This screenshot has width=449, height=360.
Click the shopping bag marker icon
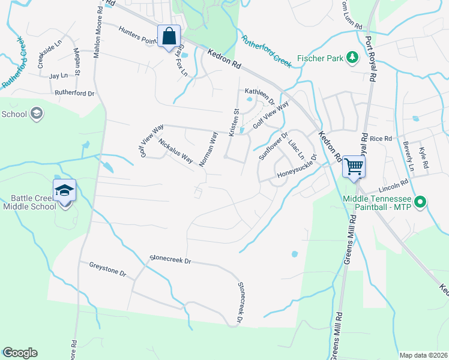(x=169, y=36)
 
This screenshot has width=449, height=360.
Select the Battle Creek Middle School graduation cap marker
(x=64, y=191)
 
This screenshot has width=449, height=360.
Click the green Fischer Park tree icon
(x=352, y=58)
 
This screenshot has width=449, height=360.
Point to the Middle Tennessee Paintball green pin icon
(x=421, y=203)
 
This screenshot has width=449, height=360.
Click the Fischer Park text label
(x=319, y=59)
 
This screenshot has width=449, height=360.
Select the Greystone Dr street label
(x=107, y=269)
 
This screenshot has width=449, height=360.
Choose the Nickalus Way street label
(x=175, y=151)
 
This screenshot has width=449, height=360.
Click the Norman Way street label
(x=208, y=149)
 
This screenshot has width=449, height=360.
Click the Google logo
(x=20, y=353)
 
